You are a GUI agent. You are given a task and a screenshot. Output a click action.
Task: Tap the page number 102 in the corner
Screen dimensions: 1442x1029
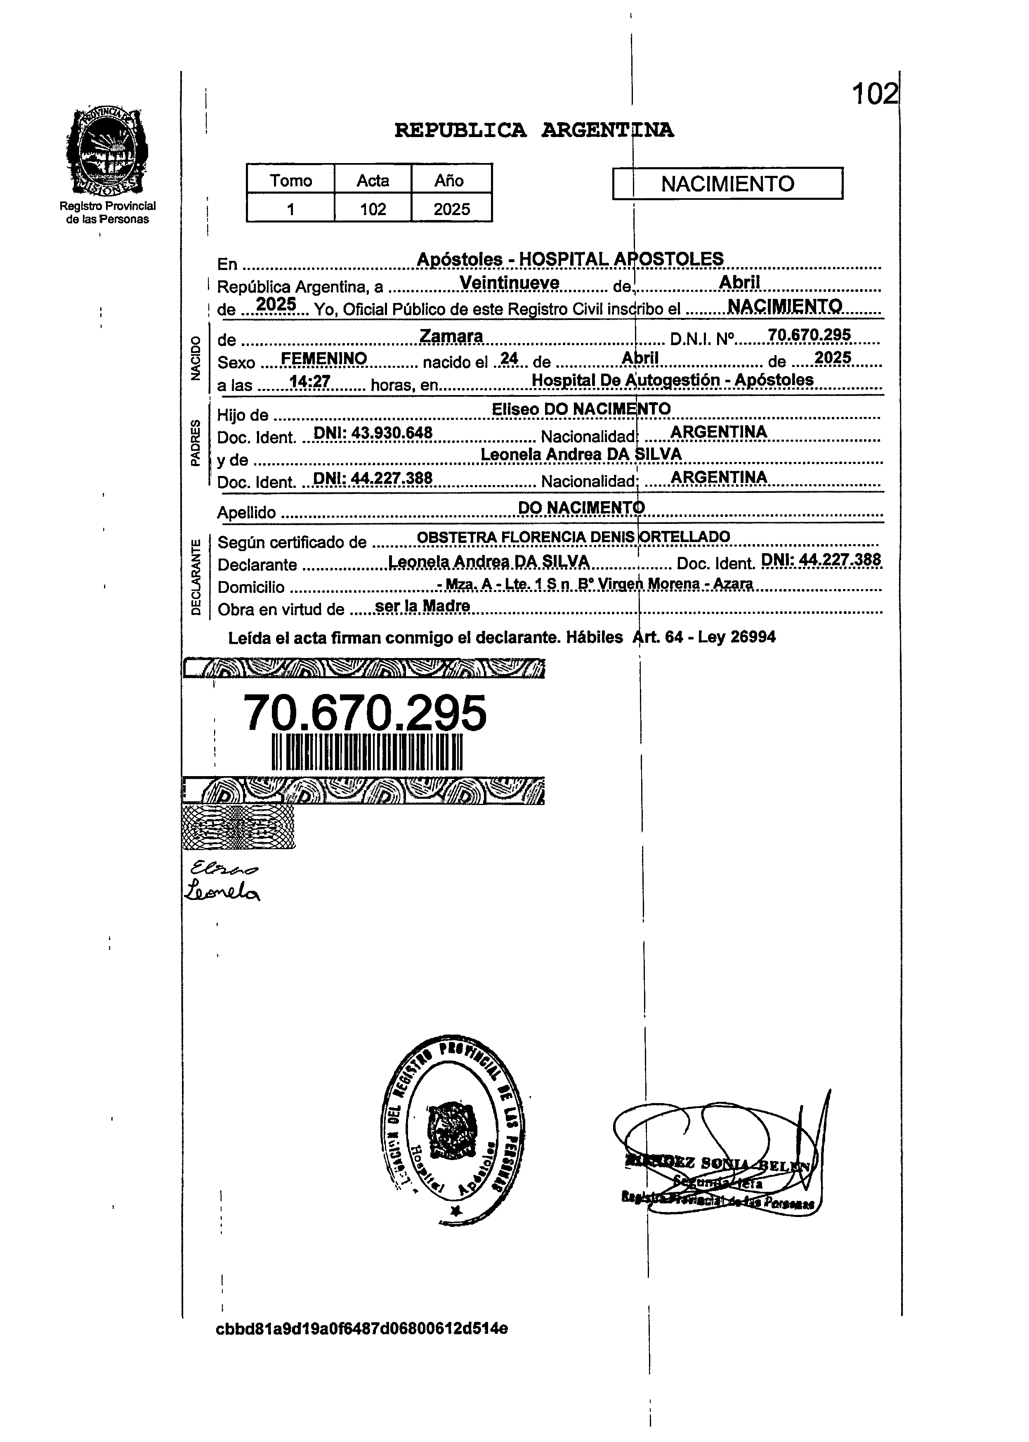point(874,95)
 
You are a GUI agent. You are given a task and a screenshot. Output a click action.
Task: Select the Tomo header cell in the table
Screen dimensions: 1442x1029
point(291,181)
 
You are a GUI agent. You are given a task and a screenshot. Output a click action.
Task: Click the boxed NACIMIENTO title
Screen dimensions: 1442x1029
point(727,184)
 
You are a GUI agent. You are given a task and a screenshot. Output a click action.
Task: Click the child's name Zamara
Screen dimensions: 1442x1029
point(451,336)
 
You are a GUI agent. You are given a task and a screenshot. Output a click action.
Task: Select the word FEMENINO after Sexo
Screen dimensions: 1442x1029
point(324,359)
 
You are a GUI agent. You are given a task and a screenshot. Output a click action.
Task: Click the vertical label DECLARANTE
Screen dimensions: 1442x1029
point(196,576)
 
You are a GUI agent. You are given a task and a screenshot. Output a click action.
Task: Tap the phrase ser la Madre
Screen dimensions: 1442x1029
point(422,606)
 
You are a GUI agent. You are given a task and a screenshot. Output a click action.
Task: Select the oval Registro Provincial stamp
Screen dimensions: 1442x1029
point(453,1132)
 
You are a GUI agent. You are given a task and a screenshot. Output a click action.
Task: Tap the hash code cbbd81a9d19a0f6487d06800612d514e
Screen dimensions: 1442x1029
point(362,1328)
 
